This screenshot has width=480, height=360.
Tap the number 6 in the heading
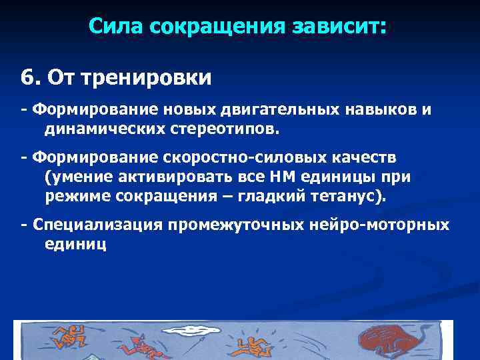click(27, 78)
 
